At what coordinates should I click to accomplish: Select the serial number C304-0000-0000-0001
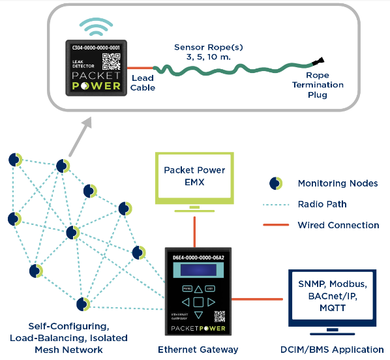tap(96, 48)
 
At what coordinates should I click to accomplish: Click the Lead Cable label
tap(143, 83)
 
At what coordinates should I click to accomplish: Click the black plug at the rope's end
tap(318, 63)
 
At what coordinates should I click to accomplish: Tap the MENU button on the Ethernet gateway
tap(187, 288)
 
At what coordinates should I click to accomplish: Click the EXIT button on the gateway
tap(210, 288)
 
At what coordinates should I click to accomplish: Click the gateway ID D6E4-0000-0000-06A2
tap(198, 258)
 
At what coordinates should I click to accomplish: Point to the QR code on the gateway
tap(220, 317)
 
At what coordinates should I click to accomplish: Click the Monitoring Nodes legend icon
tap(276, 183)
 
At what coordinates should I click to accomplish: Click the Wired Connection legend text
tap(338, 225)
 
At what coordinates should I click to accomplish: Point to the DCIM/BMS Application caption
tap(333, 350)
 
